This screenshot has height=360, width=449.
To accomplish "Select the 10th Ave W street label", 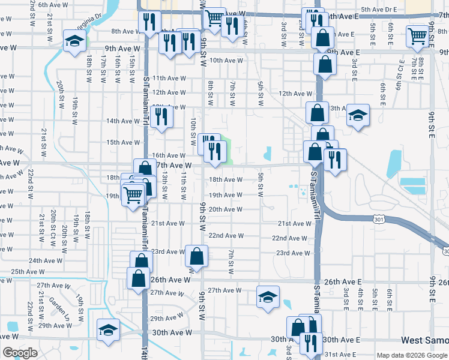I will [x=226, y=61].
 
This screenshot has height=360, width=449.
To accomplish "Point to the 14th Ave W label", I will [x=122, y=121].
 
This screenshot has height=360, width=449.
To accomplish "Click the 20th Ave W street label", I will [x=225, y=209].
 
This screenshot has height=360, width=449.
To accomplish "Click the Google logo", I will [x=19, y=352].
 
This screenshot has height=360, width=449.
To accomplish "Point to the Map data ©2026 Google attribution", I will [x=412, y=355].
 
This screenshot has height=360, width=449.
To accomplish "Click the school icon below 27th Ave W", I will [x=268, y=296].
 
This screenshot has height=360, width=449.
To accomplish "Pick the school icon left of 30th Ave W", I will [x=109, y=329].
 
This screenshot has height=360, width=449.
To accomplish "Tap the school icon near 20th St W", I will [x=74, y=41].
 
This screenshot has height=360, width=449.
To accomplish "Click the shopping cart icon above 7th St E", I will [x=417, y=36].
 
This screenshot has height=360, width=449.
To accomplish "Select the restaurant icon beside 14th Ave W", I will [x=161, y=116].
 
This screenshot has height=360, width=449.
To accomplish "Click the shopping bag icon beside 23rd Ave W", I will [x=197, y=256].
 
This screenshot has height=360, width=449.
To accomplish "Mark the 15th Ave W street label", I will [x=119, y=142].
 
